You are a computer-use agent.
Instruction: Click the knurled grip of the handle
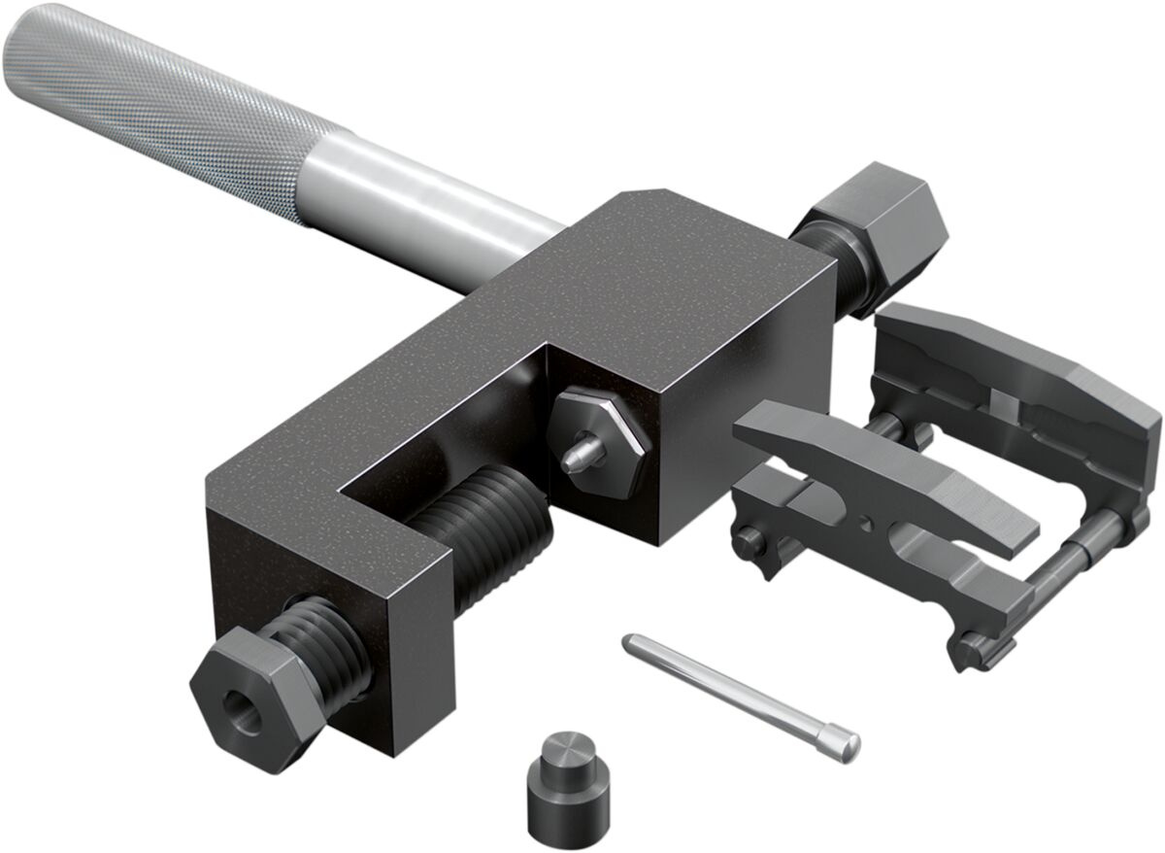(x=146, y=97)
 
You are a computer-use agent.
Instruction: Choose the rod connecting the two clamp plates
(x=1078, y=563)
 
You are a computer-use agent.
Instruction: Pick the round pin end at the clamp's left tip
(x=747, y=535)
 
